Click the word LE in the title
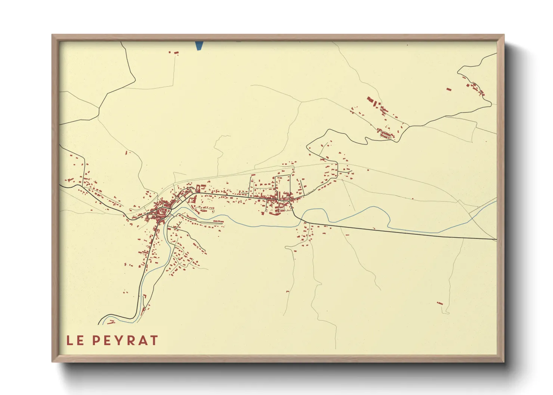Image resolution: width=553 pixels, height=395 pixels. (75, 340)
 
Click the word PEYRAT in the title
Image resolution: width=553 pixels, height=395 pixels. (125, 340)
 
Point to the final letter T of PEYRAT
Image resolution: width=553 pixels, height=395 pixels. (154, 340)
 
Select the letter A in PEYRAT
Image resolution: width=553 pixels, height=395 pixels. (143, 340)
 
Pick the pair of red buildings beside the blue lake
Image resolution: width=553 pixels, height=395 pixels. (174, 53)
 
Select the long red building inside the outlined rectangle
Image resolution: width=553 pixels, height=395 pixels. (386, 134)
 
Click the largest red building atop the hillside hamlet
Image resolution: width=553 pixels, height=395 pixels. (370, 100)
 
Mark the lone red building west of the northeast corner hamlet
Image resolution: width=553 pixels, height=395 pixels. (449, 89)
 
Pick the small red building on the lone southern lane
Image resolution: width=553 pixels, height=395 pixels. (287, 291)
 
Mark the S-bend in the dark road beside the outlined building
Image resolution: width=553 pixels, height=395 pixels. (368, 140)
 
